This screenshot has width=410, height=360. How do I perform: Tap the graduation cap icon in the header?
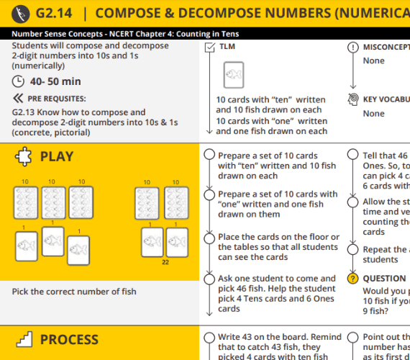[x=22, y=13]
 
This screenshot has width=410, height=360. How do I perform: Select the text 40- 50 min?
[x=55, y=81]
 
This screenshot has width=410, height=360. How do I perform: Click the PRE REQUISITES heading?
[x=57, y=98]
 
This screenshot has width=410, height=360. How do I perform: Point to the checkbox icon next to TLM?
[x=209, y=47]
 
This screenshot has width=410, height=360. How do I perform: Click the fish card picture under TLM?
[x=232, y=74]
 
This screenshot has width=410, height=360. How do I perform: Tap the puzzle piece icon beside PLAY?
[x=23, y=156]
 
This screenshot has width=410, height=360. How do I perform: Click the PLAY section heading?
[x=56, y=157]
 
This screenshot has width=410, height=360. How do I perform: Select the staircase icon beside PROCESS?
[x=23, y=339]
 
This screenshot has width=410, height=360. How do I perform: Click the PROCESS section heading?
[x=69, y=340]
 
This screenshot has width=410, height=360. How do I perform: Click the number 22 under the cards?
[x=165, y=263]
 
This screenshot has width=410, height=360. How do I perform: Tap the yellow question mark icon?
[x=352, y=279]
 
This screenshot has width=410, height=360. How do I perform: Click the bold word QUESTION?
[x=384, y=279]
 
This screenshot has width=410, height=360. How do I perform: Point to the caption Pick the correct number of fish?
[x=73, y=292]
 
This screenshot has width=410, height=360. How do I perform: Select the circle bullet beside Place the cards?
[x=209, y=238]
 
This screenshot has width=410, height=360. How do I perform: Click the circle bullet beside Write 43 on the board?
[x=209, y=337]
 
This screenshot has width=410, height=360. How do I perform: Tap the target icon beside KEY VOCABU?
[x=352, y=99]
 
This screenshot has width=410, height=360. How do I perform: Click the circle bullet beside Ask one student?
[x=209, y=279]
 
